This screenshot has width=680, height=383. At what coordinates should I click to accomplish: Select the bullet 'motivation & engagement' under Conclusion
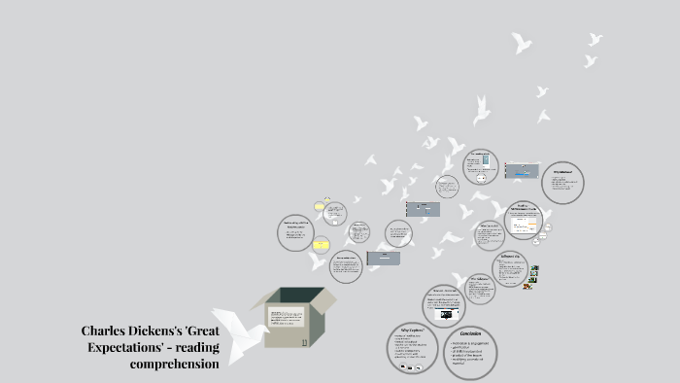[470, 343]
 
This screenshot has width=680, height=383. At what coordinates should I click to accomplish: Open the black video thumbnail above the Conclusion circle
[446, 315]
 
